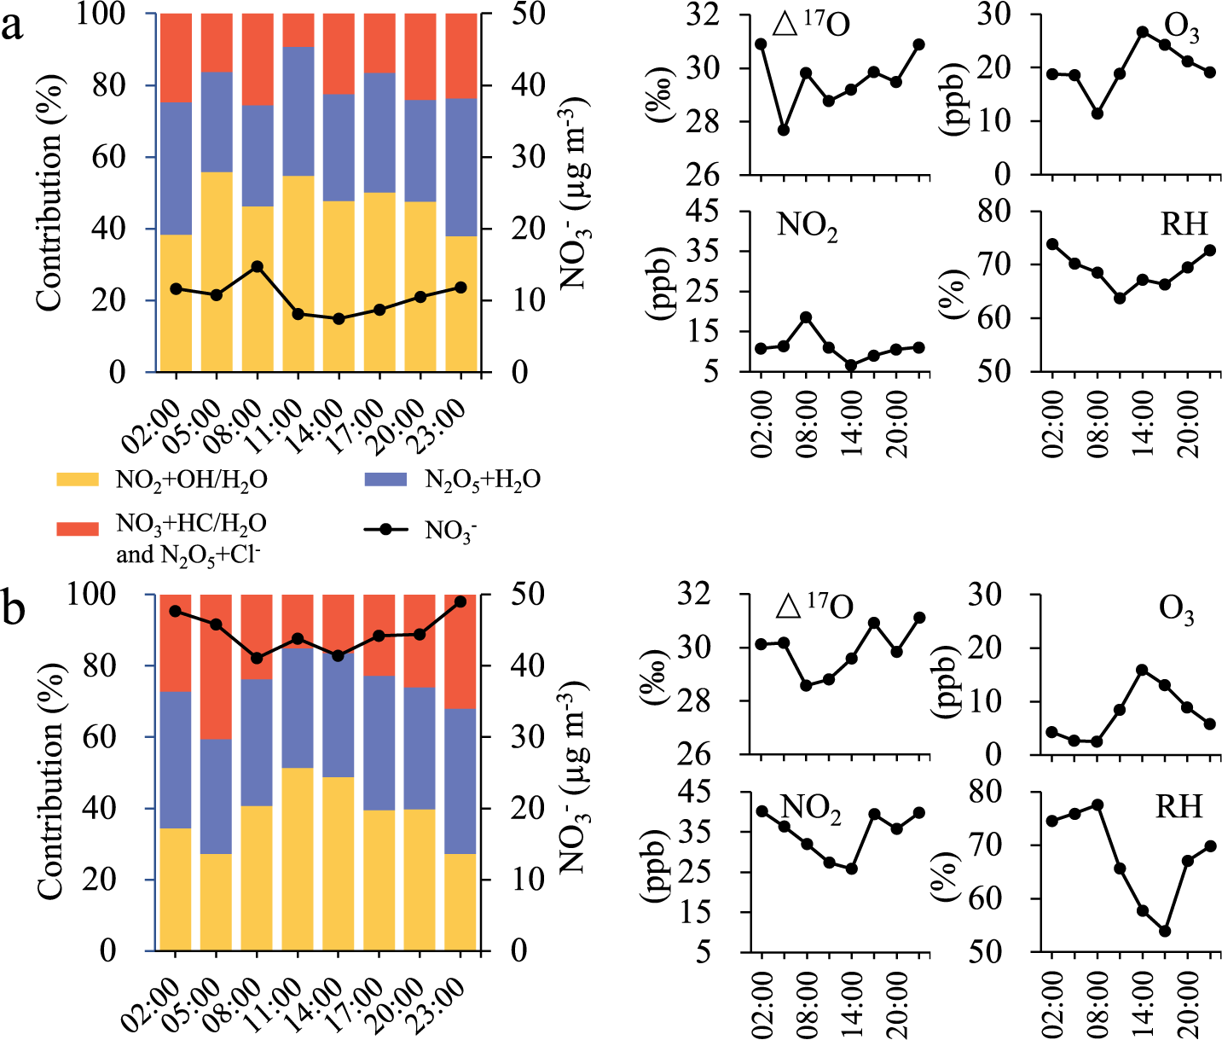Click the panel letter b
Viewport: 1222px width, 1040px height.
15,612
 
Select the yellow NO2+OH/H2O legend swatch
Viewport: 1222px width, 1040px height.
79,480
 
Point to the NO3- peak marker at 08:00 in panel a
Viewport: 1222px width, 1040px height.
257,266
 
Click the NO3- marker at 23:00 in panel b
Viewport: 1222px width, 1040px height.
460,601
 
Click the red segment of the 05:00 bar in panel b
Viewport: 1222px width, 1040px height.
216,665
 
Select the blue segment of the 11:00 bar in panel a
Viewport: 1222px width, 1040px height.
298,111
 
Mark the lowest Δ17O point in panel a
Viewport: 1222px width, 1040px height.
783,130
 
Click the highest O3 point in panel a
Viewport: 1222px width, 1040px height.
1142,32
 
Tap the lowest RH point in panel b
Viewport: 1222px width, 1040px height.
1164,931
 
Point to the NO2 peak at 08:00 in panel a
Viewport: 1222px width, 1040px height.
805,317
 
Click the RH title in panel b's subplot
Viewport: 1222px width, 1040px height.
1179,806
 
